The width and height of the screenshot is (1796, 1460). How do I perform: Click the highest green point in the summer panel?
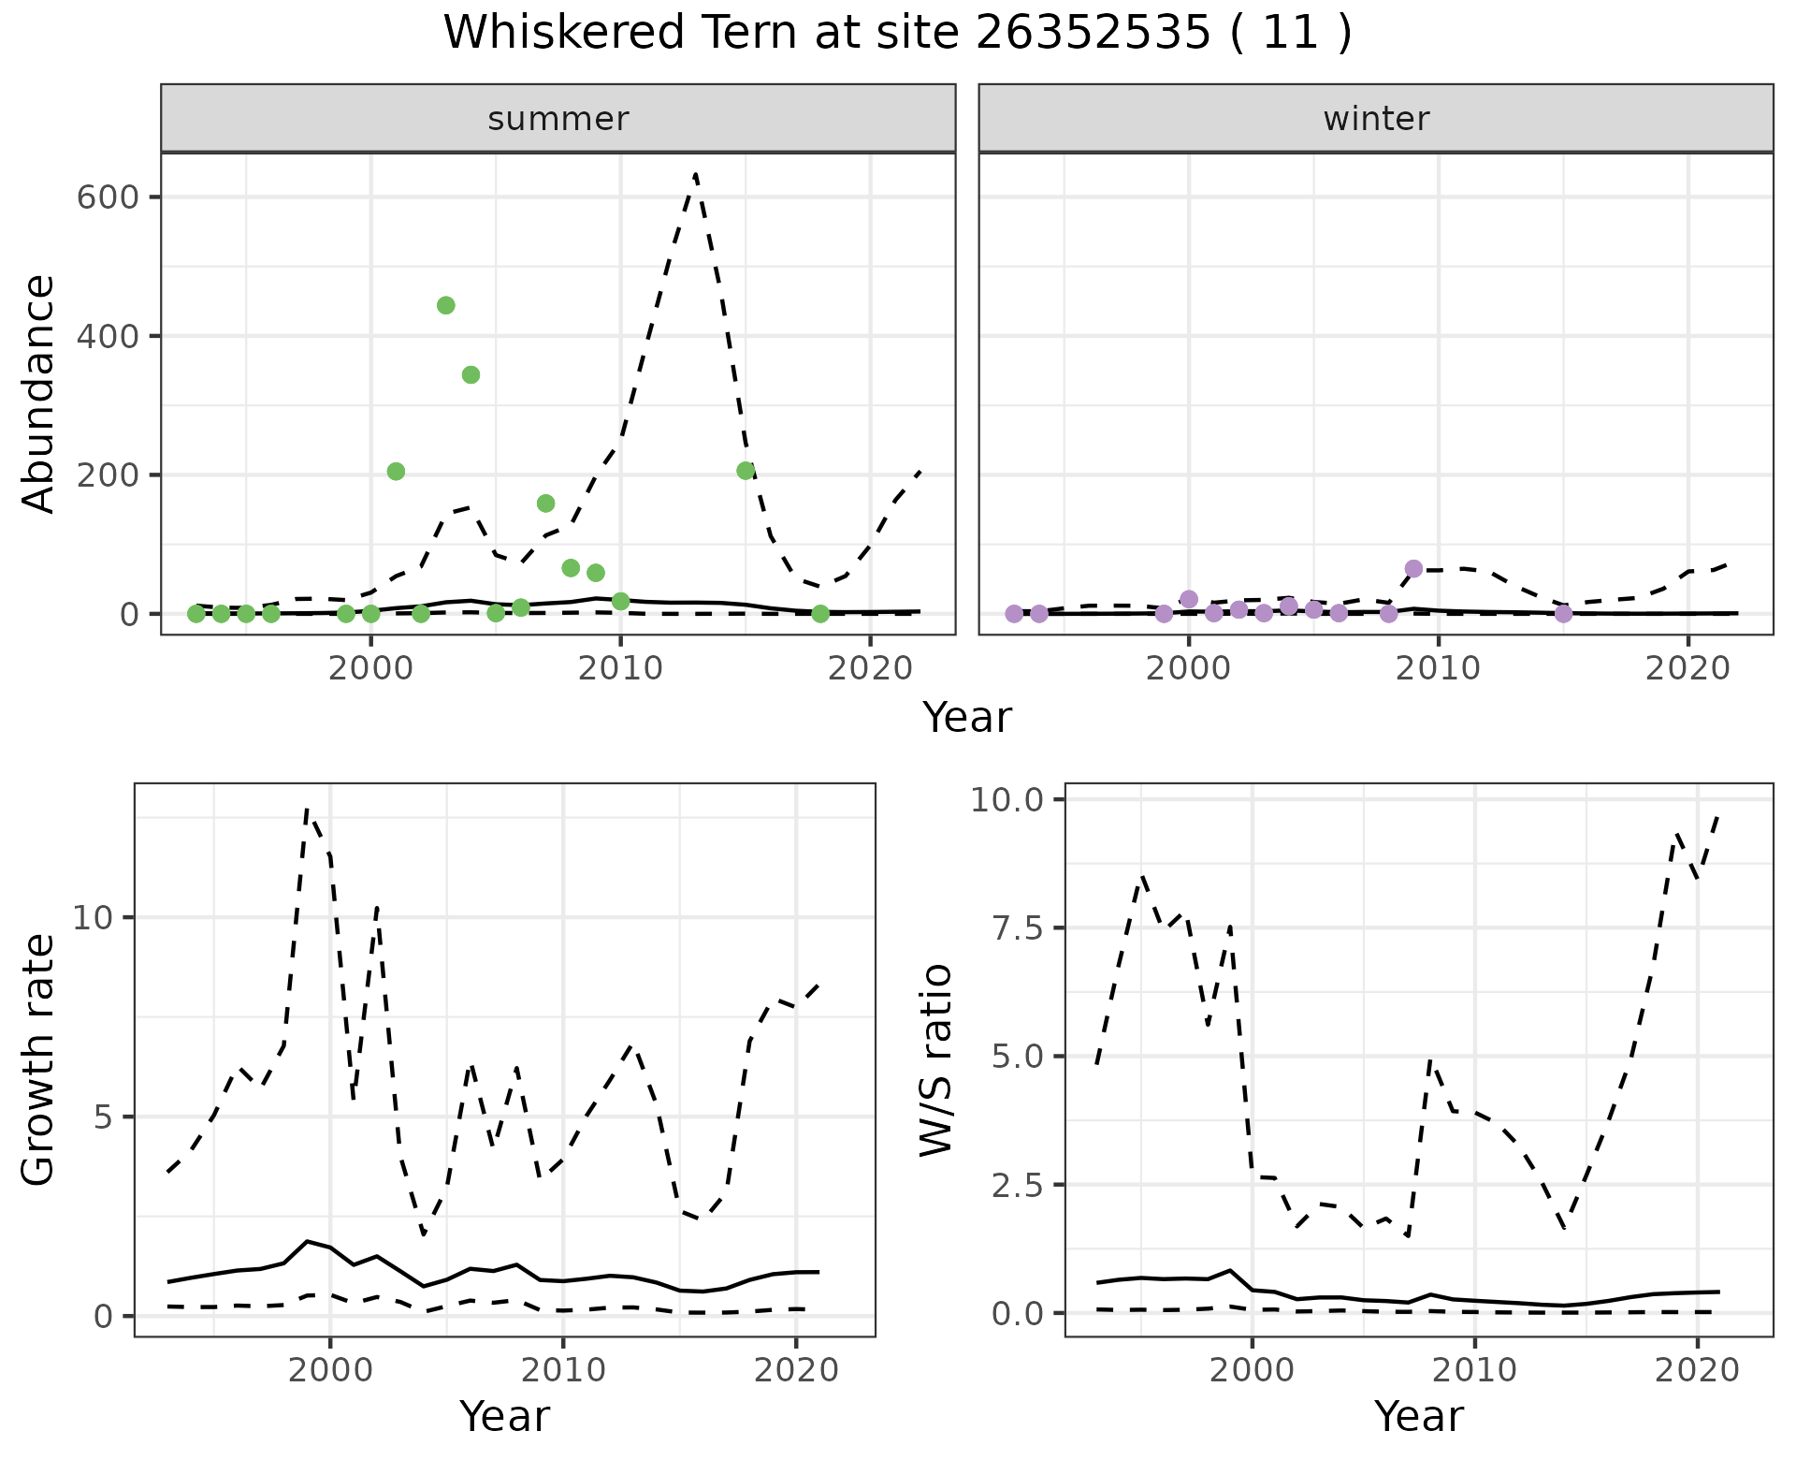coord(446,305)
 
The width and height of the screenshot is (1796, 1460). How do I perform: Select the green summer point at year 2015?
coord(746,471)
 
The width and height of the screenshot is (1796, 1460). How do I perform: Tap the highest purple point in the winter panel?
coord(1413,569)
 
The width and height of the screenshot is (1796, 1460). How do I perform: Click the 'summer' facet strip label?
coord(558,119)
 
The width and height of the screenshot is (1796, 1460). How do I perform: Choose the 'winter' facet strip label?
coord(1376,119)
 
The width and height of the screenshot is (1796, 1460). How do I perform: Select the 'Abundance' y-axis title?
coord(39,393)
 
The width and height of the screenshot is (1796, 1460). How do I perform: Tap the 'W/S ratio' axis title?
coord(935,1059)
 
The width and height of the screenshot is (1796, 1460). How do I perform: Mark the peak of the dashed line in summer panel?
coord(695,174)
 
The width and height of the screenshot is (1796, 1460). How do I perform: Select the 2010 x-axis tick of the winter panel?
coord(1439,668)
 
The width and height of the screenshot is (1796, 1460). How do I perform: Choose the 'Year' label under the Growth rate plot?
coord(504,1417)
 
